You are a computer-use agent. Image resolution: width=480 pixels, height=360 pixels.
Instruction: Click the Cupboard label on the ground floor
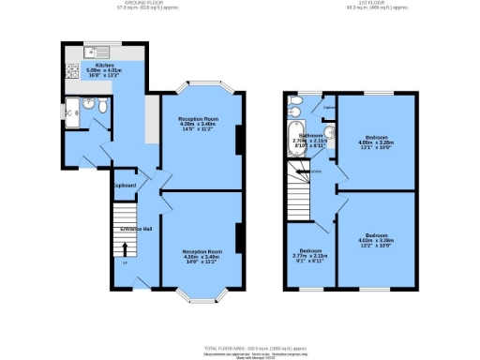point(125,186)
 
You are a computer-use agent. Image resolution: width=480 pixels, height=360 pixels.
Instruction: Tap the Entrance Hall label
point(135,228)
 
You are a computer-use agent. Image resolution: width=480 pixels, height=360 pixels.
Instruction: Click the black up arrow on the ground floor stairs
point(124,247)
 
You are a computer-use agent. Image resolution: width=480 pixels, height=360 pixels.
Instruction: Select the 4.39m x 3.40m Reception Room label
point(202,125)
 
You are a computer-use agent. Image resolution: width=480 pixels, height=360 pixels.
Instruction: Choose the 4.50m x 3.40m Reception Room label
point(202,255)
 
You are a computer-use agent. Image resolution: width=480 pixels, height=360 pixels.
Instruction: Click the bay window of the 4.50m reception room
point(202,297)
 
